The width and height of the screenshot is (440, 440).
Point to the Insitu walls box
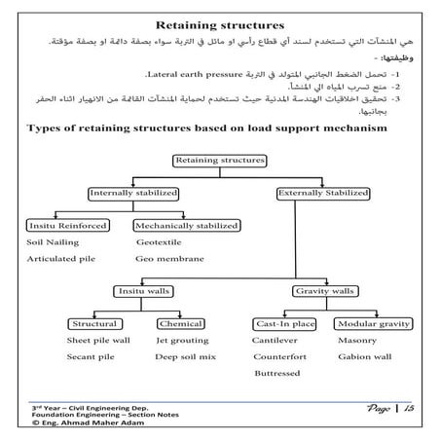[x=143, y=291]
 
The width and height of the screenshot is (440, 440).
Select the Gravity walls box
[x=322, y=291]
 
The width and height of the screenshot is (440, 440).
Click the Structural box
[x=95, y=323]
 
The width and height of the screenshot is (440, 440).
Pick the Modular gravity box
[x=369, y=323]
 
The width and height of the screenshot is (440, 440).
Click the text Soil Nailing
[x=54, y=243]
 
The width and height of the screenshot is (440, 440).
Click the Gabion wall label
[x=363, y=357]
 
